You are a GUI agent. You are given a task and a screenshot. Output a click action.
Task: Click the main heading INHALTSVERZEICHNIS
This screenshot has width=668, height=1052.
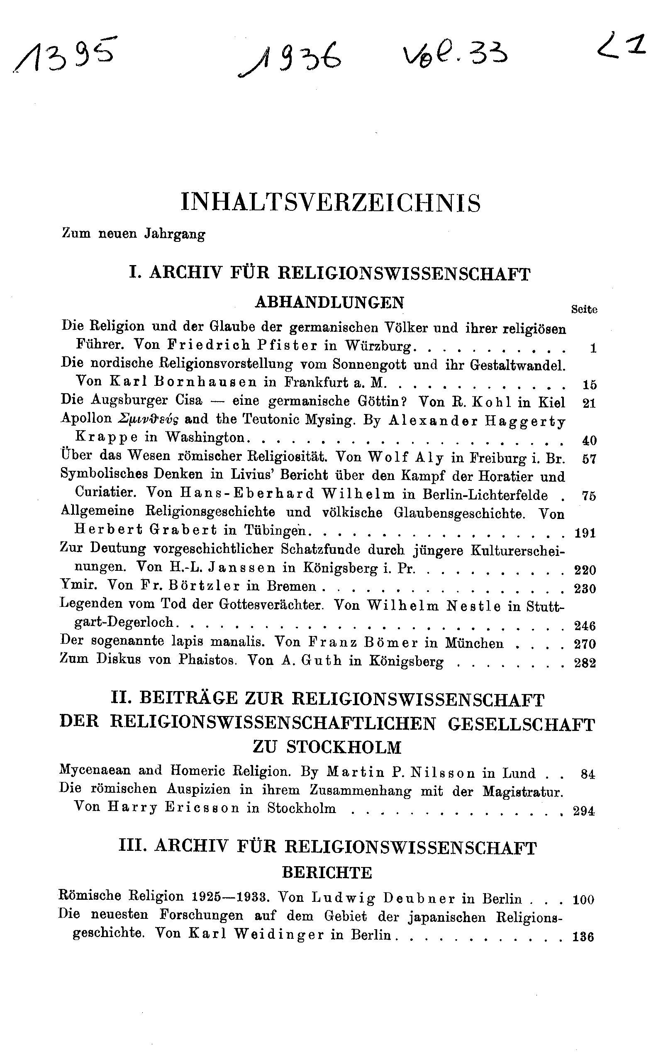pyautogui.click(x=331, y=203)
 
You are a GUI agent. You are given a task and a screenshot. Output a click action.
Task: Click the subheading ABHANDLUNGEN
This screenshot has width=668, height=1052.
pyautogui.click(x=329, y=302)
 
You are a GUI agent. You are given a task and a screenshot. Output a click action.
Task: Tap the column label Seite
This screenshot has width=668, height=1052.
pyautogui.click(x=584, y=309)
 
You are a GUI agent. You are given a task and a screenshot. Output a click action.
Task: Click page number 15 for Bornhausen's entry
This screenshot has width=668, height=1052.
pyautogui.click(x=589, y=385)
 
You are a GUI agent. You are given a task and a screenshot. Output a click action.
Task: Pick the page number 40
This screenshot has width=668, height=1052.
pyautogui.click(x=589, y=441)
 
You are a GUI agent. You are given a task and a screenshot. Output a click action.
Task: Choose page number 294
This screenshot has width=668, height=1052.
pyautogui.click(x=584, y=811)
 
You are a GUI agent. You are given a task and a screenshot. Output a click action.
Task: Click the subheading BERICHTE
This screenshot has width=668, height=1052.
pyautogui.click(x=327, y=873)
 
